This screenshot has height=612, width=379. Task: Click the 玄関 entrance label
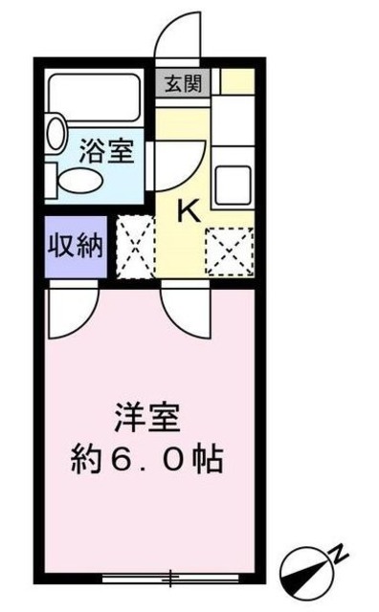coord(180,83)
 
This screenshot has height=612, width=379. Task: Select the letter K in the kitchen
coord(189,210)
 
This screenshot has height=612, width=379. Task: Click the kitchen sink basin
coord(234,183)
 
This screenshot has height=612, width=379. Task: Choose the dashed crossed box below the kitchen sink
coord(230,251)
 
